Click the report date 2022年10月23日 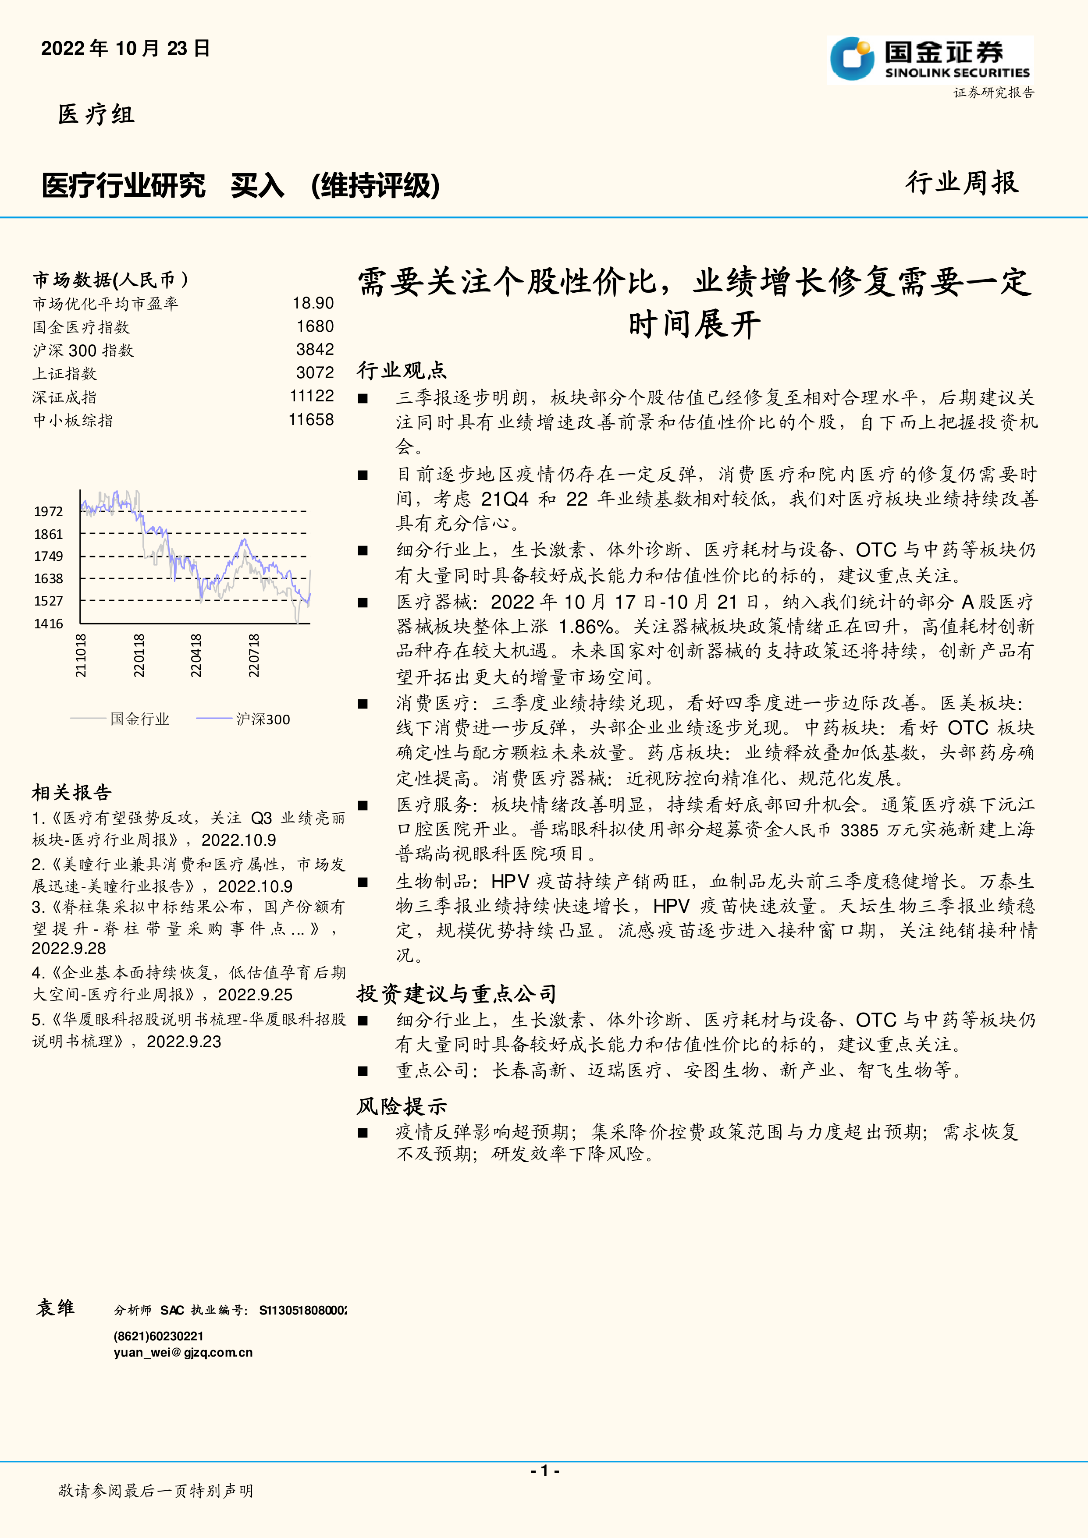coord(126,48)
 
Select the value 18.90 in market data coord(313,304)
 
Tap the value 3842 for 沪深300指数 coord(315,350)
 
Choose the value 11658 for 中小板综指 coord(311,420)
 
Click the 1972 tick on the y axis coord(48,512)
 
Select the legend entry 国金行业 coord(139,719)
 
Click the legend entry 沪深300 coord(263,719)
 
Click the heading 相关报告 coord(72,793)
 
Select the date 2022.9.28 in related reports coord(69,949)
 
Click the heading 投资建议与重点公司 coord(456,993)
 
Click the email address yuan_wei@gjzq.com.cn coord(183,1353)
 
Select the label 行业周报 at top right coord(962,182)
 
